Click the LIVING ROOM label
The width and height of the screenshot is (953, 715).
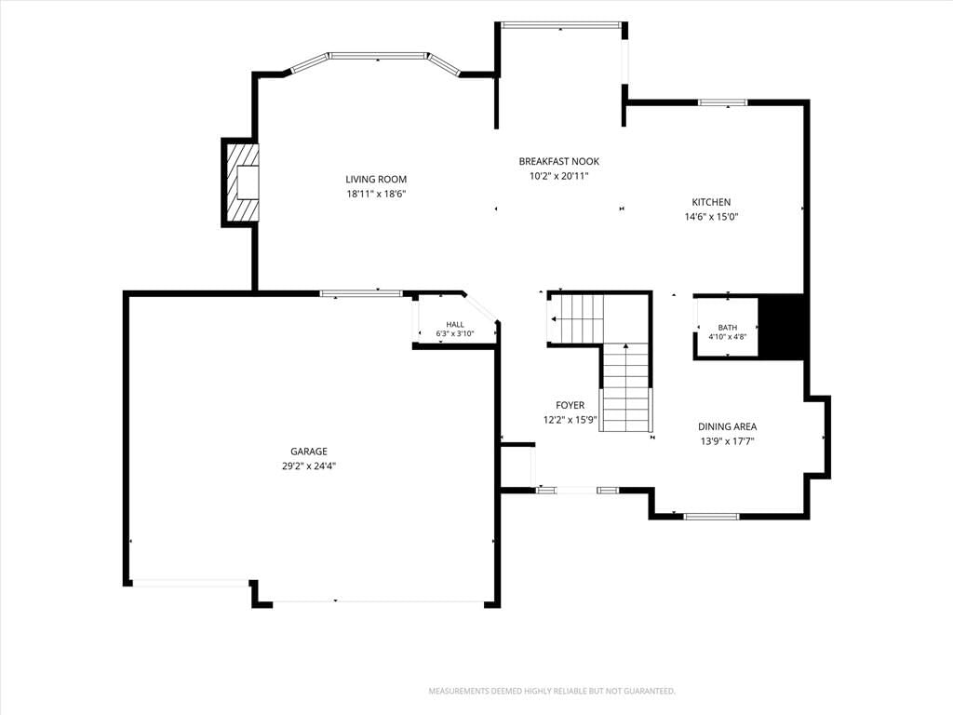point(376,180)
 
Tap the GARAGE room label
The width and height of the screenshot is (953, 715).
point(309,452)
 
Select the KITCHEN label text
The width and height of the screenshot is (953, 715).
point(711,202)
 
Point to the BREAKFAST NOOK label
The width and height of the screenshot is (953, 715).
point(559,161)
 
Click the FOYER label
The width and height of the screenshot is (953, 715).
point(570,405)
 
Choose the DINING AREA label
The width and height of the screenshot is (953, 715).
point(727,426)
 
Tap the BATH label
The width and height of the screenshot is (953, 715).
point(728,328)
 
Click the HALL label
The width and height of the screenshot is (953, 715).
point(454,325)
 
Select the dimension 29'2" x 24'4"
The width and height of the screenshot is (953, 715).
point(309,466)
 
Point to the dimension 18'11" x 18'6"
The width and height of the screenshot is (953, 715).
point(376,194)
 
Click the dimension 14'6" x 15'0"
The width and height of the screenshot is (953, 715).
point(711,216)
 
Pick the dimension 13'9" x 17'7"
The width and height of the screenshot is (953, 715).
point(727,442)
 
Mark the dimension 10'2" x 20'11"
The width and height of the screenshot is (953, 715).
point(559,176)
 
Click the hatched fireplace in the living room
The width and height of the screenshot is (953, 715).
point(240,182)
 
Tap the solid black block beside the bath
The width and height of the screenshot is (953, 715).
point(784,327)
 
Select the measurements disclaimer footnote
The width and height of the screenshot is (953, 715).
point(552,692)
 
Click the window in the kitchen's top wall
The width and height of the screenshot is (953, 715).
point(722,102)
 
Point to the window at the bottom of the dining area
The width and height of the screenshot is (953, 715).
point(711,517)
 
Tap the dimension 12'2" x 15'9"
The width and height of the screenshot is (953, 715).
point(570,420)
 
